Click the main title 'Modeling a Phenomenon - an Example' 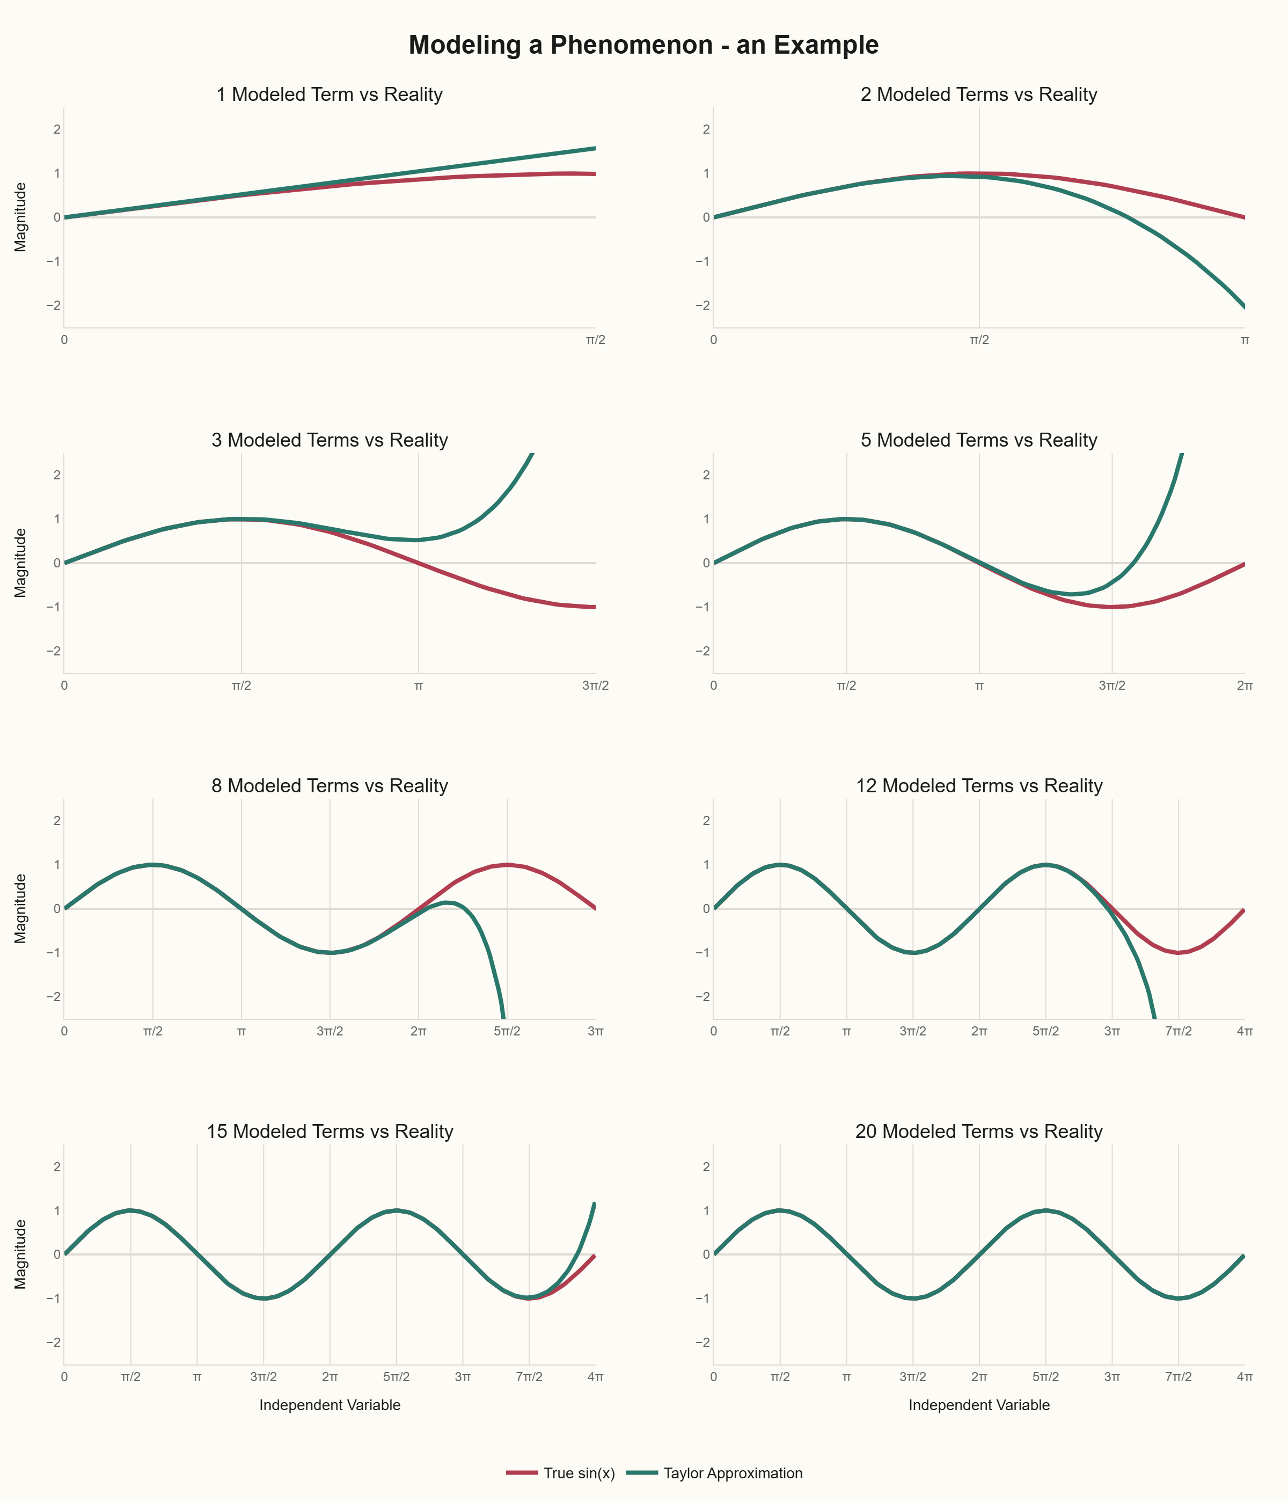pyautogui.click(x=643, y=45)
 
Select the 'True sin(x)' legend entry pyautogui.click(x=579, y=1473)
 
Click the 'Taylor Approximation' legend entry pyautogui.click(x=733, y=1473)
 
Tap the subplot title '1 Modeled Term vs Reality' pyautogui.click(x=330, y=94)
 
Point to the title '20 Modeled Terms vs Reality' pyautogui.click(x=978, y=1132)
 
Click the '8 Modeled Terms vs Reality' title pyautogui.click(x=330, y=786)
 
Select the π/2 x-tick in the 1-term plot pyautogui.click(x=595, y=339)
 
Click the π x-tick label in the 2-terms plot pyautogui.click(x=1245, y=339)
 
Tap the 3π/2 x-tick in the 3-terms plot pyautogui.click(x=595, y=685)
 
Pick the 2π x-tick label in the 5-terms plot pyautogui.click(x=1245, y=685)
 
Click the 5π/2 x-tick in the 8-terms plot pyautogui.click(x=507, y=1031)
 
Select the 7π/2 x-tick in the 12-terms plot pyautogui.click(x=1178, y=1031)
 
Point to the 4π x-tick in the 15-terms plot pyautogui.click(x=595, y=1377)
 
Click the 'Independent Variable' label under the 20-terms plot pyautogui.click(x=978, y=1405)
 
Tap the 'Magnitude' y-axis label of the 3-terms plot pyautogui.click(x=20, y=563)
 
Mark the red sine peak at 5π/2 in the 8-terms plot pyautogui.click(x=507, y=865)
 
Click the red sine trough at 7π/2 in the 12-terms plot pyautogui.click(x=1178, y=952)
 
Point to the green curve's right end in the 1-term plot pyautogui.click(x=595, y=149)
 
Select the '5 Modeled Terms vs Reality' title pyautogui.click(x=978, y=440)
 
